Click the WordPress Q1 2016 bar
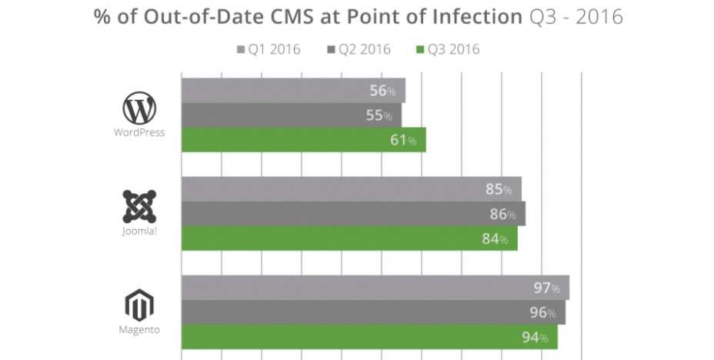[x=292, y=91]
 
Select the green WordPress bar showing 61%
[x=303, y=140]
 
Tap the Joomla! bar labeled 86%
[x=353, y=214]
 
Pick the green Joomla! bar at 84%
[x=349, y=238]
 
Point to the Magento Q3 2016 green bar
[x=369, y=337]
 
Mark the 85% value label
[x=499, y=189]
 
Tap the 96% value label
[x=543, y=312]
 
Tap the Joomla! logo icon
[x=139, y=205]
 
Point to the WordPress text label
[x=139, y=132]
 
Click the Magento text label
[x=139, y=330]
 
